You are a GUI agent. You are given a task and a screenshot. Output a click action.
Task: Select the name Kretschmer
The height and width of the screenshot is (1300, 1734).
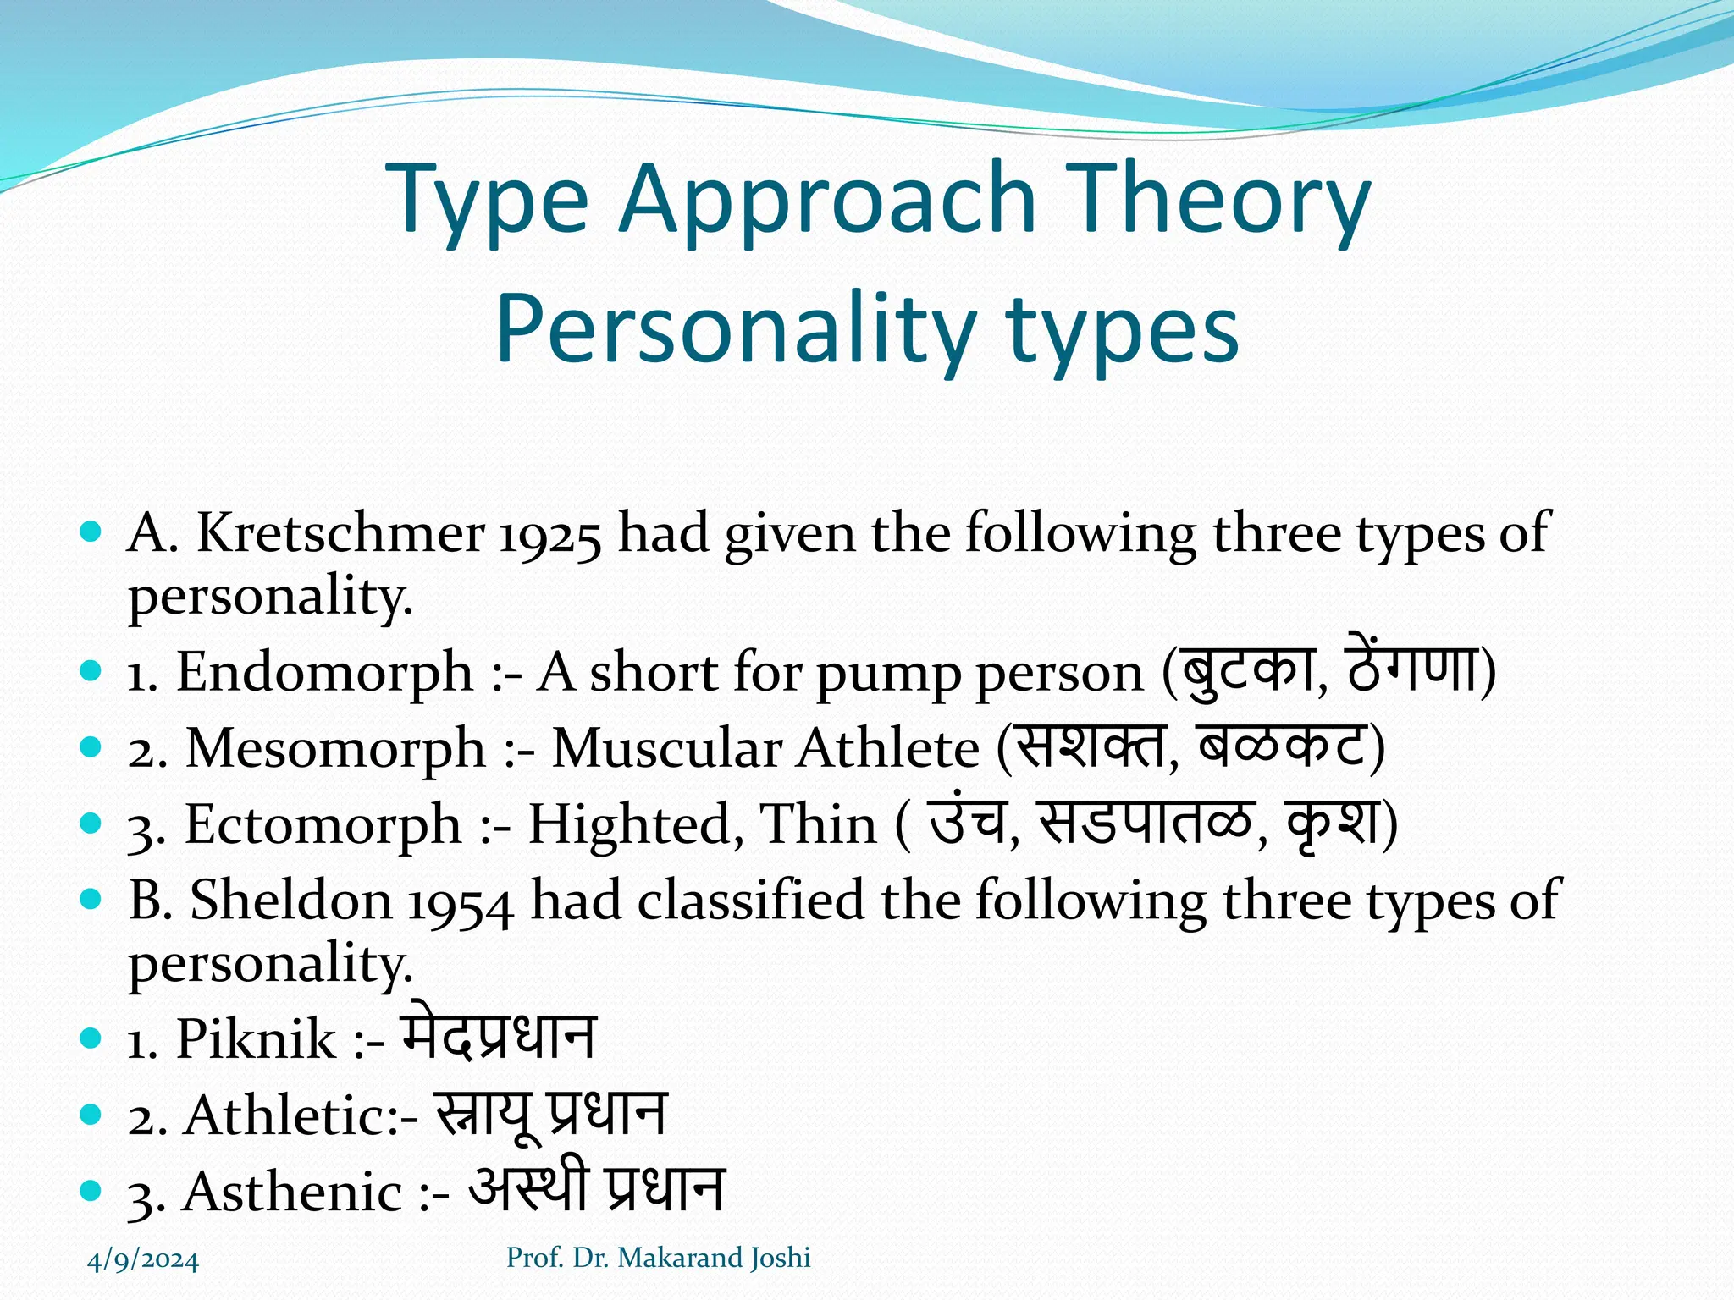tap(340, 534)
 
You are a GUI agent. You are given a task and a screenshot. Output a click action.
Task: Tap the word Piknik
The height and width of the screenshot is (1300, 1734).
tap(256, 1039)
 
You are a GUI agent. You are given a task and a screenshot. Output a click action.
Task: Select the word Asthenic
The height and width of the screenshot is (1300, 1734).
tap(292, 1192)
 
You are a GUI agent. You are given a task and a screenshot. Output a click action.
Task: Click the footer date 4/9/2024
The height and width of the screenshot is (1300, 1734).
tap(143, 1260)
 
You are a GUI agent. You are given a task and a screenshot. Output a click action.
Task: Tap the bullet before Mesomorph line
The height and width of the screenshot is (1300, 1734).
tap(90, 747)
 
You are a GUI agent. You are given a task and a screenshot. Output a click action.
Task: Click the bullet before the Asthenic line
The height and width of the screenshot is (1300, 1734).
tap(90, 1191)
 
